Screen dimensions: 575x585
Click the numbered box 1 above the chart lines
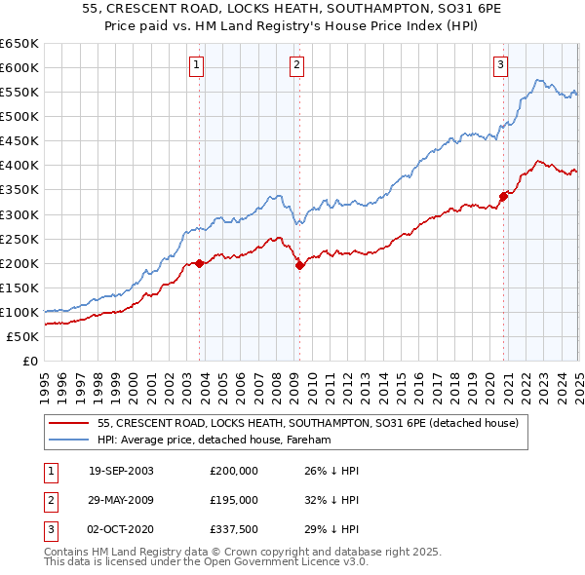[x=197, y=65]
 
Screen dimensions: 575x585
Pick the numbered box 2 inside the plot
[x=296, y=65]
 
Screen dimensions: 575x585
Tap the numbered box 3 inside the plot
[x=500, y=65]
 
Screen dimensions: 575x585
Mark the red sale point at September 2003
[x=200, y=263]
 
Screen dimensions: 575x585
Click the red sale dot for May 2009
[x=300, y=265]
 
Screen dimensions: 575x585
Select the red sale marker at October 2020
[x=503, y=196]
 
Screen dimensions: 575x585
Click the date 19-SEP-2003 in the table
[x=121, y=470]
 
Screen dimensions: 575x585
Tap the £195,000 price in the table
[x=234, y=499]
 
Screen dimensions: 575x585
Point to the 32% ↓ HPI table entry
[x=331, y=499]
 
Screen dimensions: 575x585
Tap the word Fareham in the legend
[x=310, y=440]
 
